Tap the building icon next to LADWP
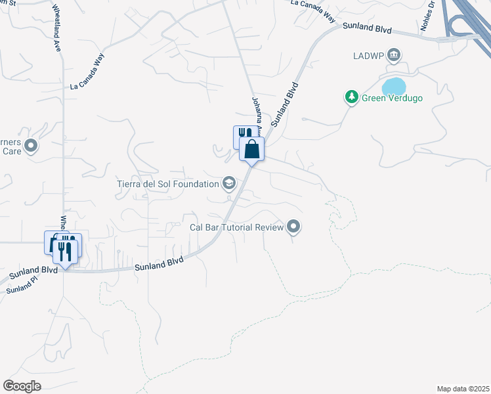[x=394, y=54]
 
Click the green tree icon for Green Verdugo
[x=352, y=98]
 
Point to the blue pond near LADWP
[x=394, y=86]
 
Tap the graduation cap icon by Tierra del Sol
[x=229, y=183]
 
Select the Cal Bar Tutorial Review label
[x=236, y=227]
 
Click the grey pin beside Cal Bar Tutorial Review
[x=293, y=227]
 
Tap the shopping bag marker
[x=251, y=150]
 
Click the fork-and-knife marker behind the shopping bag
[x=241, y=135]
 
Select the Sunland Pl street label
[x=20, y=287]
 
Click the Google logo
[x=22, y=386]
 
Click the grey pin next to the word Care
[x=31, y=145]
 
